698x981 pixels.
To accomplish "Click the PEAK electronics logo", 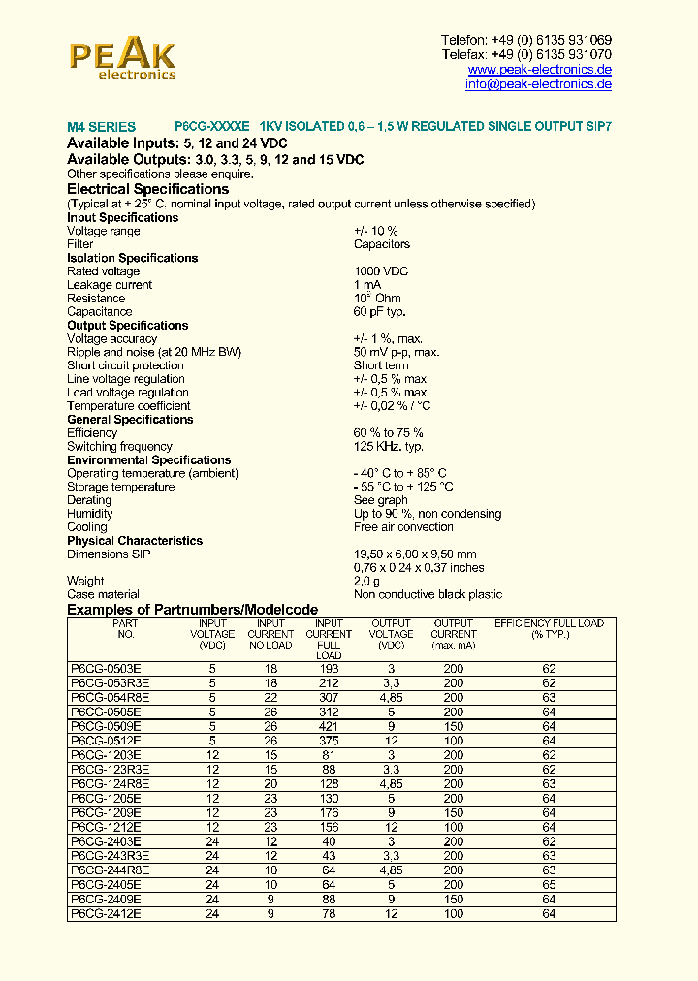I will point(122,58).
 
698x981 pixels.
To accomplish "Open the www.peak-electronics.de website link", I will point(539,70).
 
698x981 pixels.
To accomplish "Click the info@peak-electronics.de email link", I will point(538,84).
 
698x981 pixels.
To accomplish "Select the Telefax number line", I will point(526,54).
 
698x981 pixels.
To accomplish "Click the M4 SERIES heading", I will point(101,127).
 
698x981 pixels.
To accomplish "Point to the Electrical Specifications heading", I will point(147,189).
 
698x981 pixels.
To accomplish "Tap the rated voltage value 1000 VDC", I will point(381,271).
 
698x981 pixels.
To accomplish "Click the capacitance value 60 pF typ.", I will point(379,312).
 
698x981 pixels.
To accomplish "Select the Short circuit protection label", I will point(125,365).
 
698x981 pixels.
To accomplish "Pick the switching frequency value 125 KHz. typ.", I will point(389,447).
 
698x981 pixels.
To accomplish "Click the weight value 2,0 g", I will point(367,581).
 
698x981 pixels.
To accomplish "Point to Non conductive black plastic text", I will point(428,594).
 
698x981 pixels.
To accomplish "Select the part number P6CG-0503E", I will point(106,669).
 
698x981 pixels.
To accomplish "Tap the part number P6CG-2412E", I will point(106,914).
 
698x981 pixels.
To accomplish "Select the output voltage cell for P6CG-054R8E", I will point(391,698).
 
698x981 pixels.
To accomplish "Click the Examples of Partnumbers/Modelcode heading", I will point(192,609).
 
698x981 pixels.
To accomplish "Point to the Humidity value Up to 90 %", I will point(428,514).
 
